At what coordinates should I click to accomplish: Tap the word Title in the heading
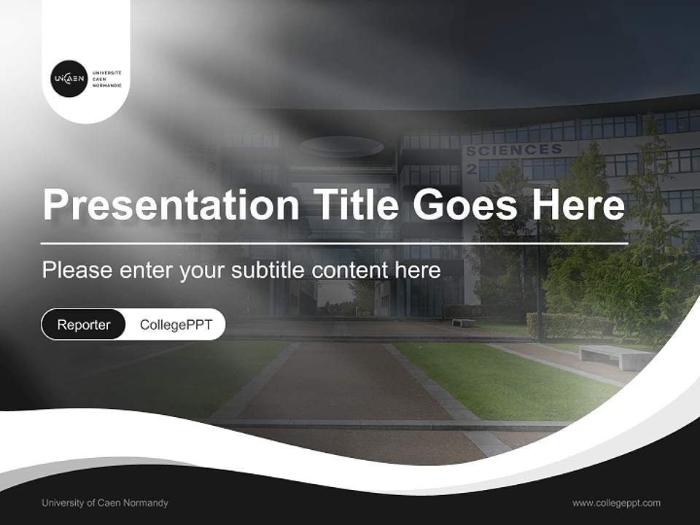(x=356, y=205)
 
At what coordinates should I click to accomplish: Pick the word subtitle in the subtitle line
(x=268, y=271)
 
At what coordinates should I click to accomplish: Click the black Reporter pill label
(x=84, y=324)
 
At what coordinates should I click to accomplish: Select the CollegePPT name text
(x=176, y=324)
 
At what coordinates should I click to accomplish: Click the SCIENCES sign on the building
(x=513, y=150)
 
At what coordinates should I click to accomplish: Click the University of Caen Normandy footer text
(x=105, y=503)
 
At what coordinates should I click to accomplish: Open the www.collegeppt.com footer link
(x=616, y=503)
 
